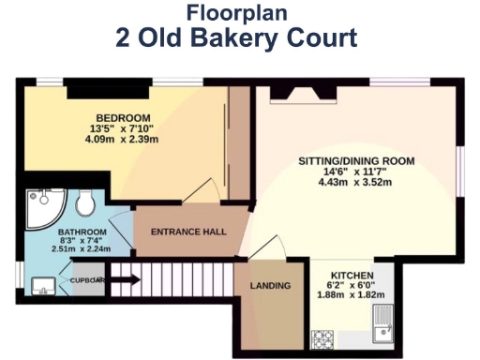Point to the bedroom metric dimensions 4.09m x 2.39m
[x=124, y=141]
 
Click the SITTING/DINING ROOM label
[x=355, y=161]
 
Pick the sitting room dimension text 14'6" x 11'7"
[x=356, y=172]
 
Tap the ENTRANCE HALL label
[x=188, y=232]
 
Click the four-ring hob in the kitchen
[x=323, y=336]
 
